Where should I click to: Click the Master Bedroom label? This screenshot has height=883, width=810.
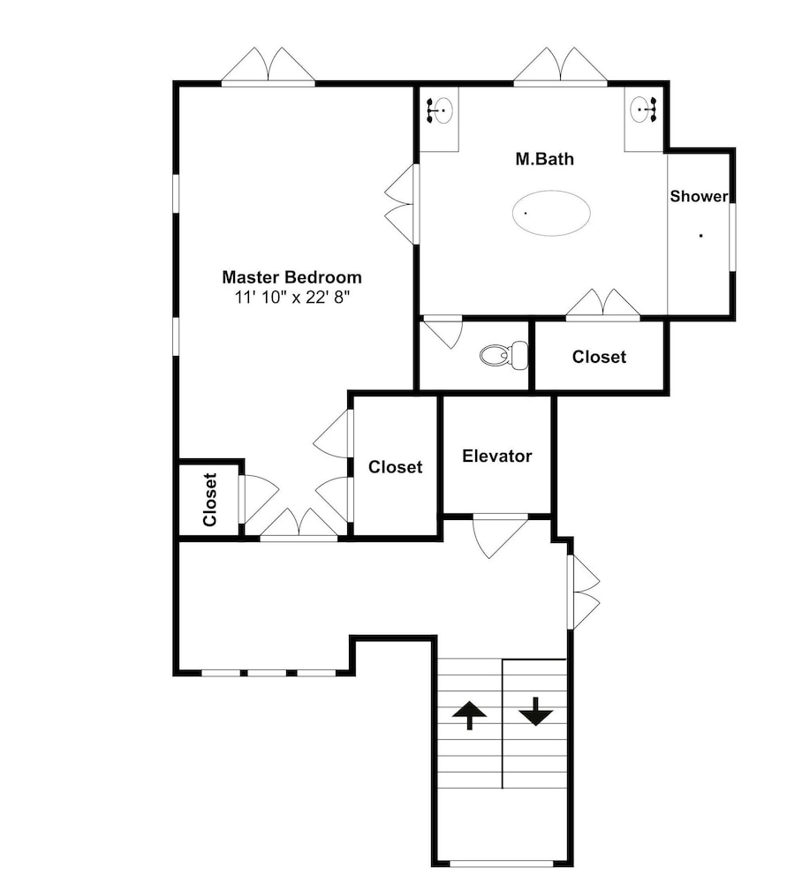pos(291,277)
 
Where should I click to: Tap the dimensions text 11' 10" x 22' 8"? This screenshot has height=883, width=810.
pos(292,297)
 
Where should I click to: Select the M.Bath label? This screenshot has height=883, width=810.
pos(545,159)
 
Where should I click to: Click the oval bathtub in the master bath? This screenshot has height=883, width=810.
pos(551,213)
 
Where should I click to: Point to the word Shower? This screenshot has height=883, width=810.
pos(699,196)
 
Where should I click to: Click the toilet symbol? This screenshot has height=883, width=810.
pos(504,355)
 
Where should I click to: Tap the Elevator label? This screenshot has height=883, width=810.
pos(496,456)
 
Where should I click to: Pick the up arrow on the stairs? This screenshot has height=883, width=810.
pos(469,714)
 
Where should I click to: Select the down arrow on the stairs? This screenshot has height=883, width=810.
pos(535,711)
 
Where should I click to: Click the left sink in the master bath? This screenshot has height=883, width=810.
pos(441,109)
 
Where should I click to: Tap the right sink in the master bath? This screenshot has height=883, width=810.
pos(643,109)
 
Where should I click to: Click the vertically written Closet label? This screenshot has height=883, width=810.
pos(209,500)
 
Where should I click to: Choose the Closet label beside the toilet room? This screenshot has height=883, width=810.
pos(599,357)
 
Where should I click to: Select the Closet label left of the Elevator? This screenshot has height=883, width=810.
pos(395,467)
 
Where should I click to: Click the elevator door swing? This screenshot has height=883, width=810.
pos(500,536)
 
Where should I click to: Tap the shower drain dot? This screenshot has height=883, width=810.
pos(700,236)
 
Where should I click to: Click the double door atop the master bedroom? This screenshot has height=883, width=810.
pos(269,66)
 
